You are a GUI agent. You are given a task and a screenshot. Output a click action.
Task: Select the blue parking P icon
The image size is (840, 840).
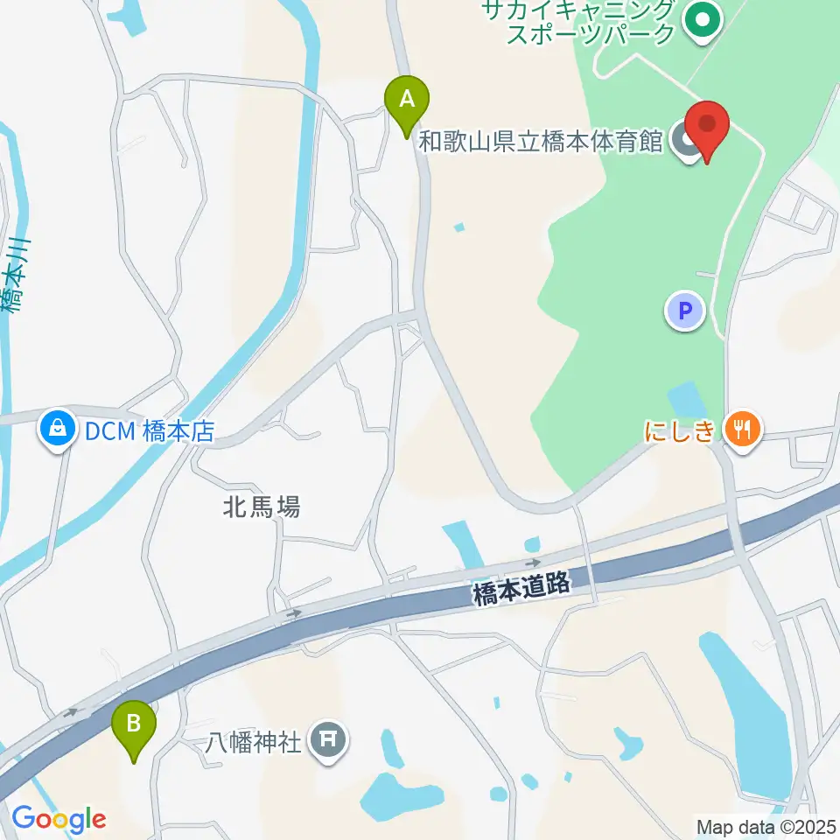[x=685, y=311]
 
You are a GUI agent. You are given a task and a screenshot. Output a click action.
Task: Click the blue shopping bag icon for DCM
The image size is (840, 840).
[x=57, y=430]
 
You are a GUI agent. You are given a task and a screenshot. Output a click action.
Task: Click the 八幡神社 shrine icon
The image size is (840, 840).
[x=329, y=743]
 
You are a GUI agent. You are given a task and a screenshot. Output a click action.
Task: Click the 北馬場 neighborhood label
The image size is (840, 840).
[x=259, y=506]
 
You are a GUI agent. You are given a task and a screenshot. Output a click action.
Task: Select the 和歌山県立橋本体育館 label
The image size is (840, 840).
[x=541, y=141]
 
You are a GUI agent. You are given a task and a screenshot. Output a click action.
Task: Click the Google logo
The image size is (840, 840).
[x=59, y=819]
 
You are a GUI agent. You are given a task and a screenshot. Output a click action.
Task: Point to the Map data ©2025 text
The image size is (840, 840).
[x=766, y=826]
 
